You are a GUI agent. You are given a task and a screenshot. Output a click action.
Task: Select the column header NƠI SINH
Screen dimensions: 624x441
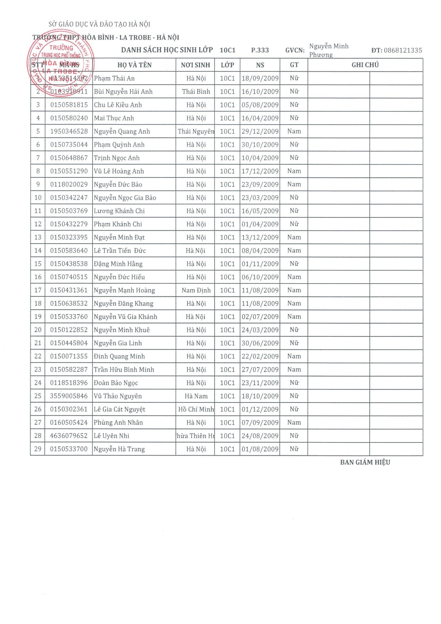[195, 65]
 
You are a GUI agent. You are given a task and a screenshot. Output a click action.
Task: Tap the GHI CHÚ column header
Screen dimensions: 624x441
[365, 65]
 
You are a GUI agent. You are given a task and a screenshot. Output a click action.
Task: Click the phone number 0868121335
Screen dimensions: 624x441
[403, 50]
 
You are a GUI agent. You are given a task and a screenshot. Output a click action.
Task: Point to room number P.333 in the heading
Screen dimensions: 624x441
[260, 50]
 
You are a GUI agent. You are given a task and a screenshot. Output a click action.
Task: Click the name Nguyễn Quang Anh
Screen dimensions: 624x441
[122, 131]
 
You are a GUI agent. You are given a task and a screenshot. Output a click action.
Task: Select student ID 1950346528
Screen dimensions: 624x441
[69, 131]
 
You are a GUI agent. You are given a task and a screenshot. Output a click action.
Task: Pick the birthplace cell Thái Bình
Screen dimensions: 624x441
[196, 92]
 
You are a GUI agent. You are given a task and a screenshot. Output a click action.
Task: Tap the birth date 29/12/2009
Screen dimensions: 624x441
[260, 131]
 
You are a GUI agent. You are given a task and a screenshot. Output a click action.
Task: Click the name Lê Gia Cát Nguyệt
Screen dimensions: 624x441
[120, 409]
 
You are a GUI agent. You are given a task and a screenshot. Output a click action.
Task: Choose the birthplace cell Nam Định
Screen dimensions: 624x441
[196, 290]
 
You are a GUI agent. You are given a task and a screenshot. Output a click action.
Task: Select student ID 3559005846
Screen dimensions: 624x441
[69, 396]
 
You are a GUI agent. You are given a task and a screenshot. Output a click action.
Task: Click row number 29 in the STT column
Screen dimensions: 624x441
[38, 449]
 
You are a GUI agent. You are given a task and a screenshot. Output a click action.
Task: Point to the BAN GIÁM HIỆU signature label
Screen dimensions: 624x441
[365, 462]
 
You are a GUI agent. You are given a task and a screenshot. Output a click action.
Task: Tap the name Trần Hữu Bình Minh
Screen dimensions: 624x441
[124, 370]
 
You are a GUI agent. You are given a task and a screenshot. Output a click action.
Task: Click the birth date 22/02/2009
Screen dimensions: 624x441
[260, 356]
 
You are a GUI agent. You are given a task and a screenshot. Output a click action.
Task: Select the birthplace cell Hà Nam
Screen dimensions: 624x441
[196, 396]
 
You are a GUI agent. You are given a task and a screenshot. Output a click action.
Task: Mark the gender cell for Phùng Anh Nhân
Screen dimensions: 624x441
[294, 422]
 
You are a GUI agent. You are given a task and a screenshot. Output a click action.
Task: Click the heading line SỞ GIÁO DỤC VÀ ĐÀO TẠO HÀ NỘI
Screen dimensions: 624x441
[99, 24]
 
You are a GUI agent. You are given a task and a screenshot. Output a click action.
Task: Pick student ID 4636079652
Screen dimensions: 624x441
[69, 436]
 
